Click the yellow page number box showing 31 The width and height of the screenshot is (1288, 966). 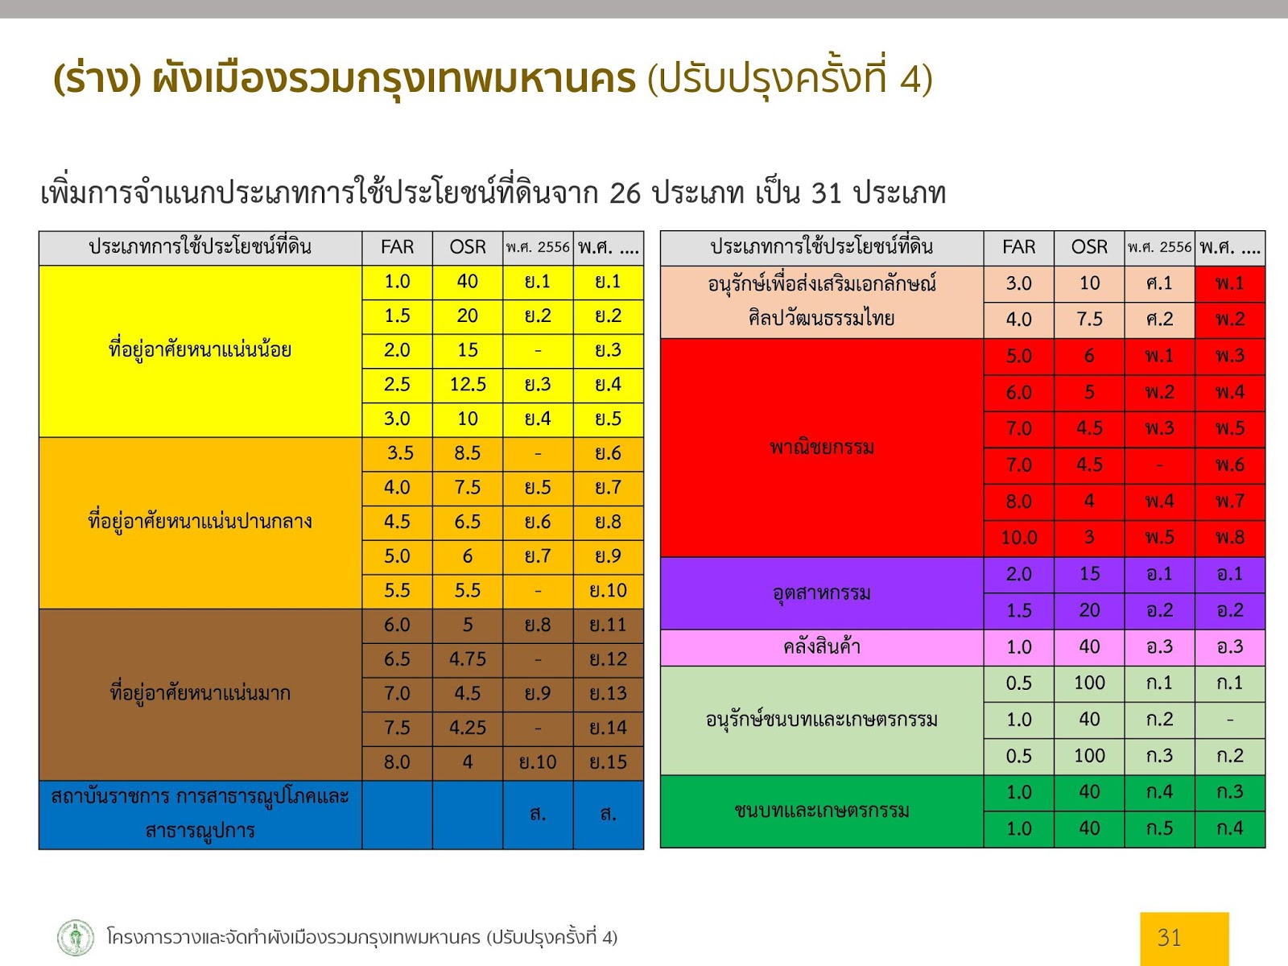click(1184, 939)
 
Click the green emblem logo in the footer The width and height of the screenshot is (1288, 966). click(76, 937)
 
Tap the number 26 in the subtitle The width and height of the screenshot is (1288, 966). click(625, 193)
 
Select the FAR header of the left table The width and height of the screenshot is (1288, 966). click(397, 247)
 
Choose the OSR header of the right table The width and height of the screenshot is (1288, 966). click(1089, 247)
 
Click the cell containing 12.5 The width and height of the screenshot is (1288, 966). click(468, 385)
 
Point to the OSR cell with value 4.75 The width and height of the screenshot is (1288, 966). click(468, 659)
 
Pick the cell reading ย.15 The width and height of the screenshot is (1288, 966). click(609, 762)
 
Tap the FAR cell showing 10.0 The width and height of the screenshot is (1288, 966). click(1018, 538)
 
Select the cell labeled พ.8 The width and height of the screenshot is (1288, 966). click(1230, 538)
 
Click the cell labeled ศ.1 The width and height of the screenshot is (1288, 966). click(1159, 284)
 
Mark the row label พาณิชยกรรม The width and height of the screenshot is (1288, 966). click(822, 448)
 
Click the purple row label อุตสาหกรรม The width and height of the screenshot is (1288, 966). click(822, 593)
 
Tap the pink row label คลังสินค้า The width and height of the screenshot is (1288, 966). click(822, 647)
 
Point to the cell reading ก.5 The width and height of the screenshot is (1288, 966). click(1159, 829)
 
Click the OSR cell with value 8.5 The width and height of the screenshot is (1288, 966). click(468, 453)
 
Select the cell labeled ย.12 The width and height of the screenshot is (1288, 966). click(609, 659)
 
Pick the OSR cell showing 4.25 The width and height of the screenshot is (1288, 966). click(468, 728)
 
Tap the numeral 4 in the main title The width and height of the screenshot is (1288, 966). click(910, 80)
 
